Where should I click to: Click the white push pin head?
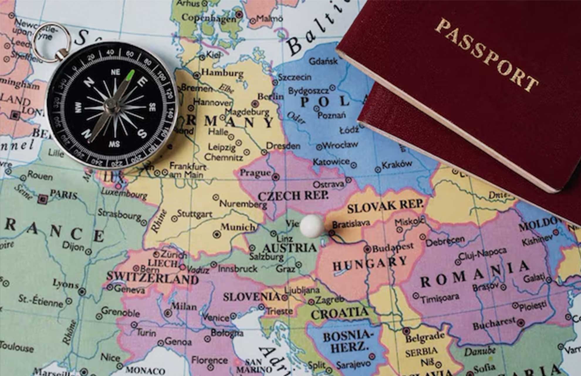(x=312, y=226)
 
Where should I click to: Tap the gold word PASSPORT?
(x=487, y=55)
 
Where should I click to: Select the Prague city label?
(x=255, y=173)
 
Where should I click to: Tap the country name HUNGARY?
(x=370, y=263)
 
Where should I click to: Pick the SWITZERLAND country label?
(x=152, y=277)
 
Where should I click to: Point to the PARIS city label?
(x=64, y=194)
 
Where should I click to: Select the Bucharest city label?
(x=494, y=323)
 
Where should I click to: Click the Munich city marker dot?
(x=217, y=234)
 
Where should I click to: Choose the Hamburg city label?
(x=222, y=72)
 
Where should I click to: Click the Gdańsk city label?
(x=323, y=61)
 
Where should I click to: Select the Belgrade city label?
(x=425, y=336)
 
